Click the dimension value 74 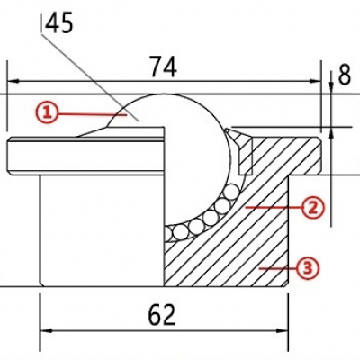coord(163,67)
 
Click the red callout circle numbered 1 coord(48,112)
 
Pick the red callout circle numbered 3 coord(307,266)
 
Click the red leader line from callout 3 coord(277,266)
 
